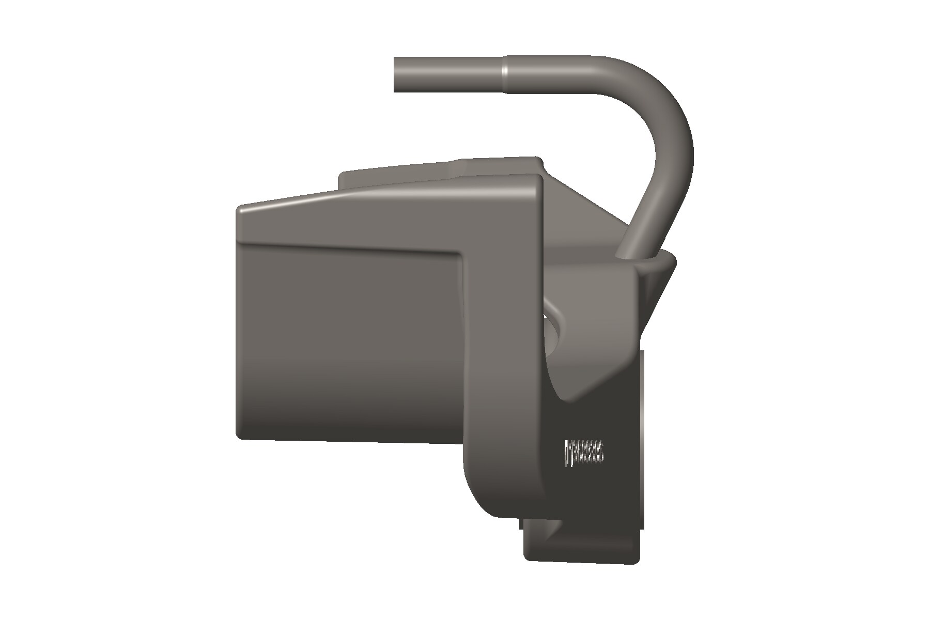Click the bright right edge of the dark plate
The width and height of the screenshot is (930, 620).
[642, 439]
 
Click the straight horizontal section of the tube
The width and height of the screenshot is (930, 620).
[450, 74]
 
